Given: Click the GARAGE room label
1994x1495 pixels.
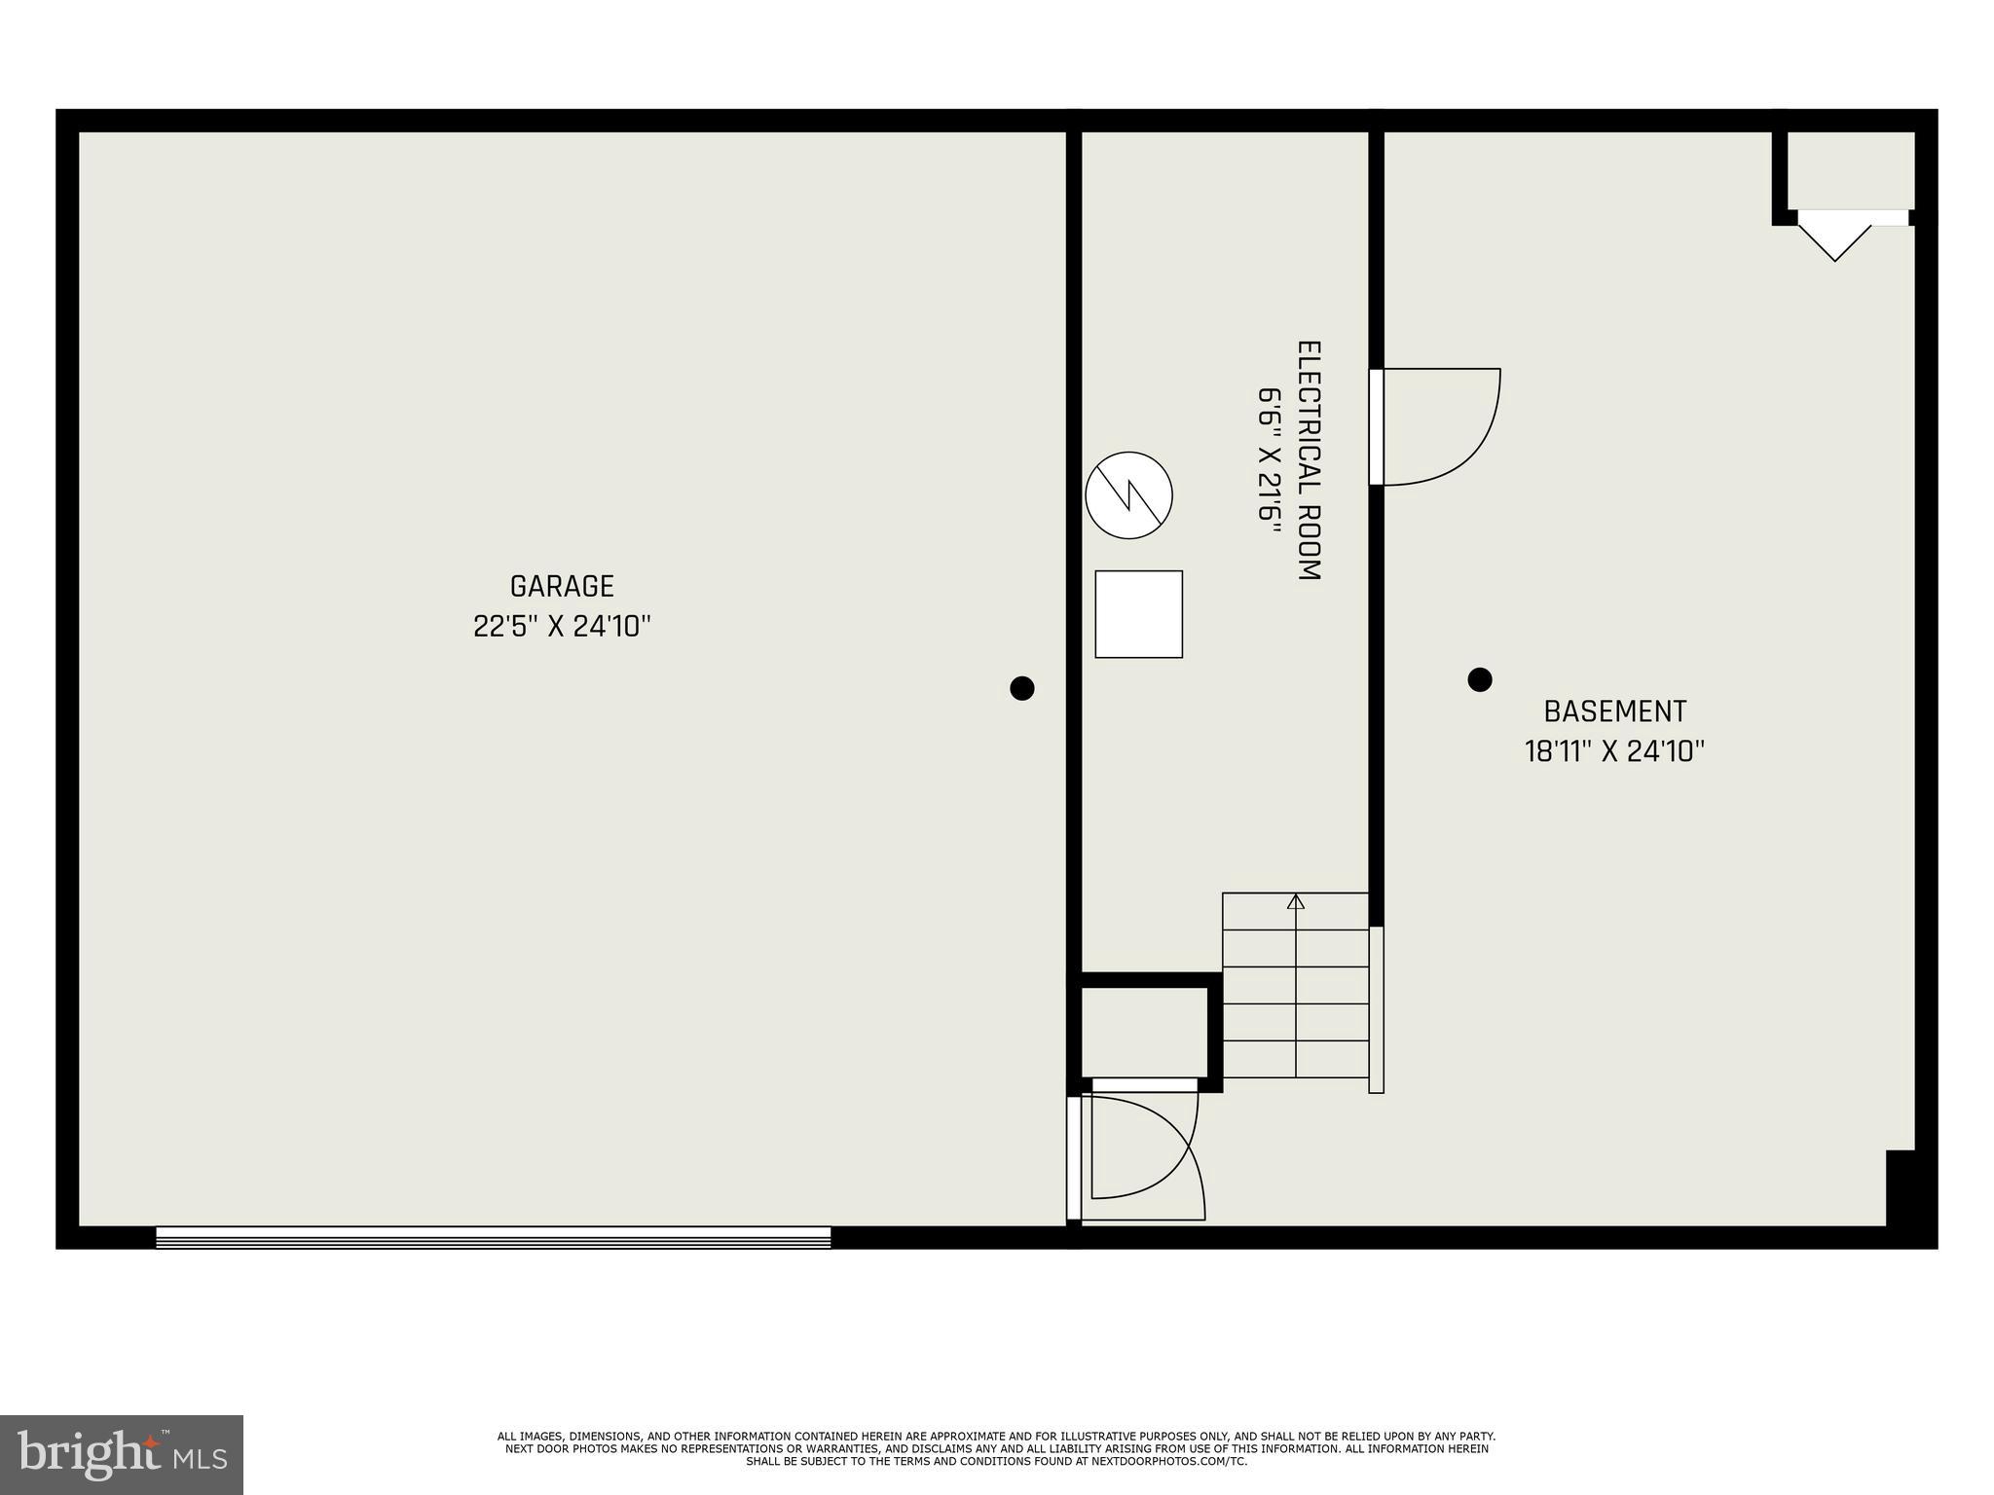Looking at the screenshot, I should [562, 586].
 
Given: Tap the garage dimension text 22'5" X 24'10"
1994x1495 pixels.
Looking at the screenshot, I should [562, 627].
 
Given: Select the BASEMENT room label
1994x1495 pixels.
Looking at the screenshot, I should [1614, 711].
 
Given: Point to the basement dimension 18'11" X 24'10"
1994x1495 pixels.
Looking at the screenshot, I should [1614, 752].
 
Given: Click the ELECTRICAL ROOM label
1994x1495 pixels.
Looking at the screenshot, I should [1309, 460].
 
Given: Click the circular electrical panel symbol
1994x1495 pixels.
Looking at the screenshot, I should [1128, 494].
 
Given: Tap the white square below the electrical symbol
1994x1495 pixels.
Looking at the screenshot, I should [1138, 614].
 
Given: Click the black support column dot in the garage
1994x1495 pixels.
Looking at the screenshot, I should [1021, 688].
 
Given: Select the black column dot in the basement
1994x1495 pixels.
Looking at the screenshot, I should [1479, 679].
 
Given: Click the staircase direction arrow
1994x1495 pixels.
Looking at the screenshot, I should [1295, 902].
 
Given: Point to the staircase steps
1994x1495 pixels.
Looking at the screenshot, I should [1295, 1003].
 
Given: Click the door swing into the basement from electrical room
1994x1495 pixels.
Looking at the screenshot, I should [1439, 426].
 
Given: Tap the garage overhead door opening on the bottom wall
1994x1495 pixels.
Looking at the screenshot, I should [493, 1237].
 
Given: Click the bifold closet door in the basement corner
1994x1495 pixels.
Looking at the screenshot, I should [1835, 237].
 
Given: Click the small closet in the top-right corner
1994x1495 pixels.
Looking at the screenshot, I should [1850, 169].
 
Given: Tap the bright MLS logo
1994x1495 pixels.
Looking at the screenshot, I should [121, 1454].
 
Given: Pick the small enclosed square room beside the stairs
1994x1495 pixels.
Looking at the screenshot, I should [1145, 1032].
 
